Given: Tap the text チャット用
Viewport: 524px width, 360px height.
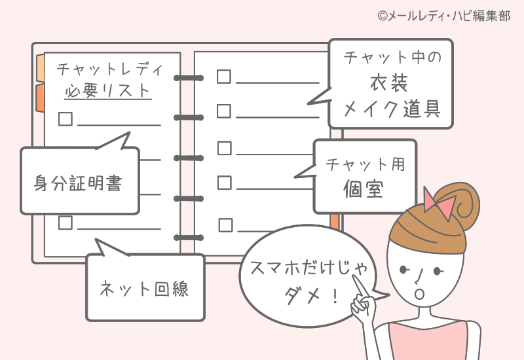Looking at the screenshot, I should pyautogui.click(x=365, y=164).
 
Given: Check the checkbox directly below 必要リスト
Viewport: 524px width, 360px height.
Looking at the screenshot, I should pyautogui.click(x=65, y=119).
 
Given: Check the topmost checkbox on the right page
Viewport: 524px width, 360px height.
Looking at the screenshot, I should pyautogui.click(x=224, y=77).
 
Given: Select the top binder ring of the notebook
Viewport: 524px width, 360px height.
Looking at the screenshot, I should pyautogui.click(x=189, y=78).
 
